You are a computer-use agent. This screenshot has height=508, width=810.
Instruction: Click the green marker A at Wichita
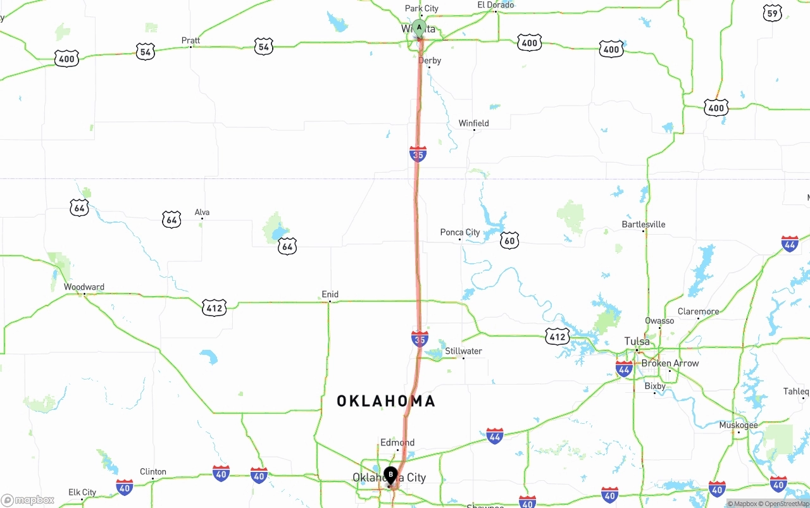(419, 28)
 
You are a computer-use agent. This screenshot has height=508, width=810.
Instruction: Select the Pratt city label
(190, 40)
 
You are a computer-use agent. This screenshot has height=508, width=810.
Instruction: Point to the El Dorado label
(495, 5)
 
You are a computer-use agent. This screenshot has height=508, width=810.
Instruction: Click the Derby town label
(430, 61)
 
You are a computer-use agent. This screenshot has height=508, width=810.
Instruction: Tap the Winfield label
(473, 123)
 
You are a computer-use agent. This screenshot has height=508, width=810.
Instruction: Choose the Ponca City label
(460, 233)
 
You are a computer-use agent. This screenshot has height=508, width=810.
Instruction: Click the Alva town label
(202, 213)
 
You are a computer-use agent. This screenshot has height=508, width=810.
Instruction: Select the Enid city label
(330, 294)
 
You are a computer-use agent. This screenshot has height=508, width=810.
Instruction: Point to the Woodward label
(84, 287)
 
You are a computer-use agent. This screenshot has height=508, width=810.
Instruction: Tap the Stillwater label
(463, 351)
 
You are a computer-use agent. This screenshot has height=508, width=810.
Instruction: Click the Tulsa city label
(637, 342)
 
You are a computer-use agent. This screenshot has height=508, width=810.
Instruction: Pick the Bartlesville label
(644, 225)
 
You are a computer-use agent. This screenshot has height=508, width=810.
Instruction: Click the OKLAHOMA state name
(386, 401)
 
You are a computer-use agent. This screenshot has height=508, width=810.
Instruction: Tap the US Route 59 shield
(772, 14)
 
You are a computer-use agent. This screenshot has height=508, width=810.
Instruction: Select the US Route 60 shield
(509, 240)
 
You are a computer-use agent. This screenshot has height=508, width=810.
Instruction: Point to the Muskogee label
(738, 425)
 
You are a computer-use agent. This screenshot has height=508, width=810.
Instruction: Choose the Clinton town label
(153, 472)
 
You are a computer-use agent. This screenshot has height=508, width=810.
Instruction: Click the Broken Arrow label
(670, 363)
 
